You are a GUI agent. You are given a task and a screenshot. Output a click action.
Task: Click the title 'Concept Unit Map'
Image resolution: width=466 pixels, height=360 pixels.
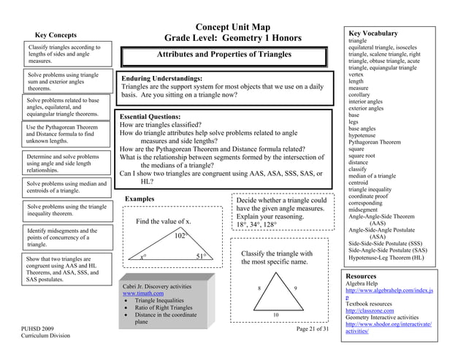tap(233, 27)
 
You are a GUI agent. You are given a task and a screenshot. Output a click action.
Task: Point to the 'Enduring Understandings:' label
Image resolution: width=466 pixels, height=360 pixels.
tap(161, 77)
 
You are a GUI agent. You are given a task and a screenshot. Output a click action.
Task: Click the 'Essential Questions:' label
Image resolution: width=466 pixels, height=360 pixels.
tap(150, 117)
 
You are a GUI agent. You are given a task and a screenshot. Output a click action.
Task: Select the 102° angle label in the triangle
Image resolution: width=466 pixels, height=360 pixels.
tap(182, 235)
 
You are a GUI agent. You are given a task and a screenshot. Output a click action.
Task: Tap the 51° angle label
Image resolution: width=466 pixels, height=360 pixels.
tap(205, 256)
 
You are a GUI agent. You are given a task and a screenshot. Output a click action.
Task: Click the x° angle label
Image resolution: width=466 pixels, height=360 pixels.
tap(143, 257)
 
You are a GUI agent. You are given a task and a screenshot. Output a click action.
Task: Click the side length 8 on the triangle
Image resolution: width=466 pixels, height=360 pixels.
tap(259, 289)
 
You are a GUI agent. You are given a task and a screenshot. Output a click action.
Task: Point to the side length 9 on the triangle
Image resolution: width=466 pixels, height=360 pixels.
tap(294, 289)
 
